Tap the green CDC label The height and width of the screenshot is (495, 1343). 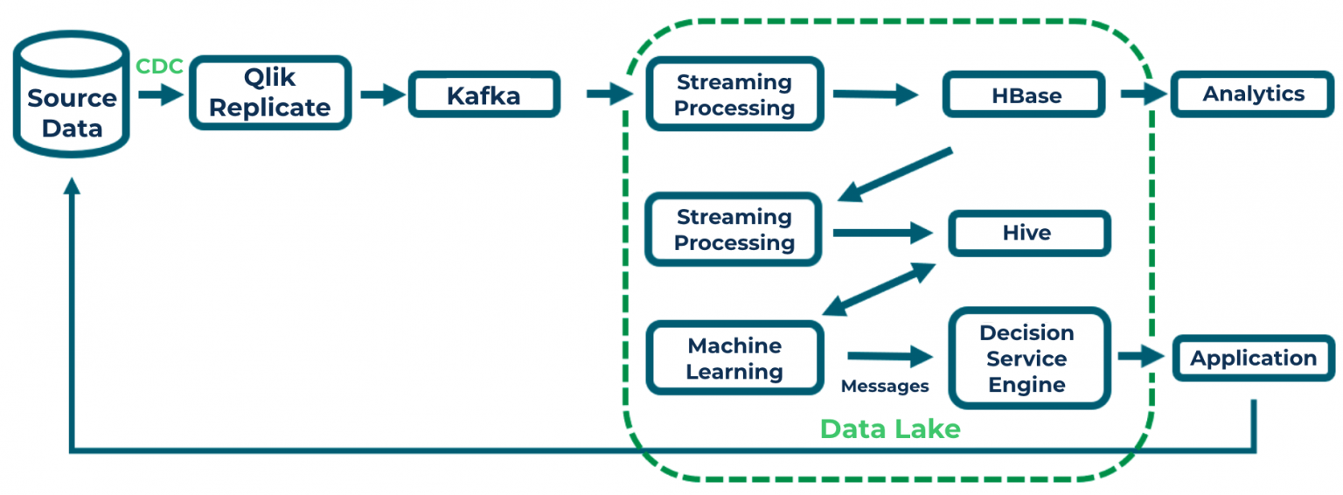pos(159,66)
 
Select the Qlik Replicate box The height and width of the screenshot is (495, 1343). pos(270,94)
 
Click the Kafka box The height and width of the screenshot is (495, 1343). pos(484,94)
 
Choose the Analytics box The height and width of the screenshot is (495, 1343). pos(1253,94)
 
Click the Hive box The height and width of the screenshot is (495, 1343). pos(1028,234)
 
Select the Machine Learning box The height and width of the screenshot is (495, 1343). pos(734,359)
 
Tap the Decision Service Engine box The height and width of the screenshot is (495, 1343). pos(1028,359)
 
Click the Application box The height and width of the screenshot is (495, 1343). pos(1253,359)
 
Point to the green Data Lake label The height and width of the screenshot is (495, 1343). pos(889,429)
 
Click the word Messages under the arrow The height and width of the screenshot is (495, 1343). pos(885,386)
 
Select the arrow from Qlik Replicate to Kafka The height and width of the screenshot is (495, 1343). pos(380,94)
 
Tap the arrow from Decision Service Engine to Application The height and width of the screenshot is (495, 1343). pos(1140,357)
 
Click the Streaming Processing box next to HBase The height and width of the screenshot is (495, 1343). pos(734,94)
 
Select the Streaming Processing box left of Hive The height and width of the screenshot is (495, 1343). pos(734,230)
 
